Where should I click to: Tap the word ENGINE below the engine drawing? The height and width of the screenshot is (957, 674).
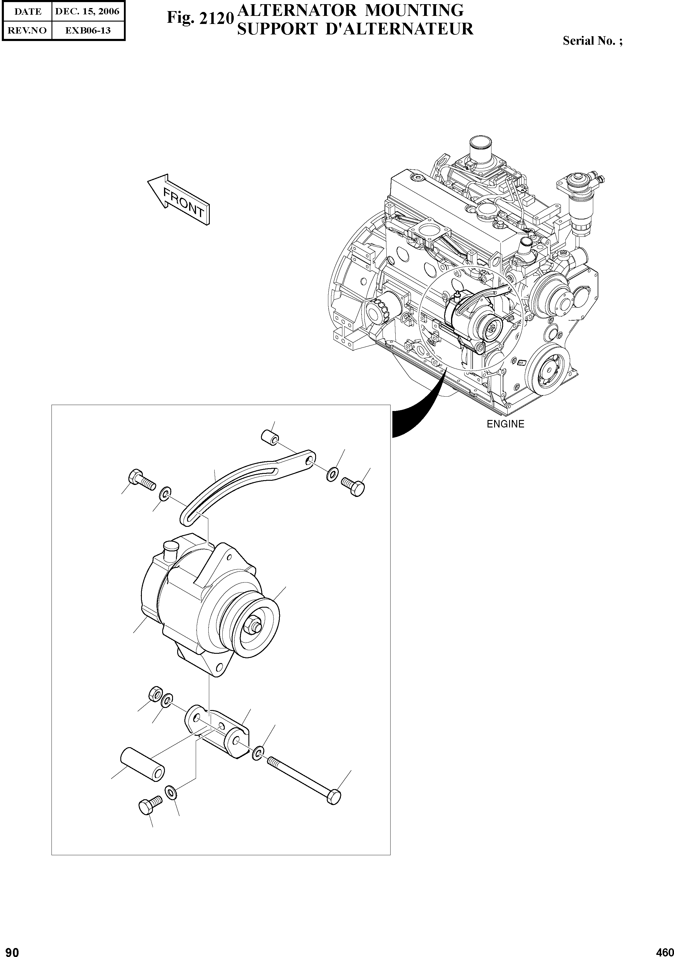pyautogui.click(x=505, y=424)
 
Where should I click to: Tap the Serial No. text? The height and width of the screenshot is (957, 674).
pyautogui.click(x=592, y=41)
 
